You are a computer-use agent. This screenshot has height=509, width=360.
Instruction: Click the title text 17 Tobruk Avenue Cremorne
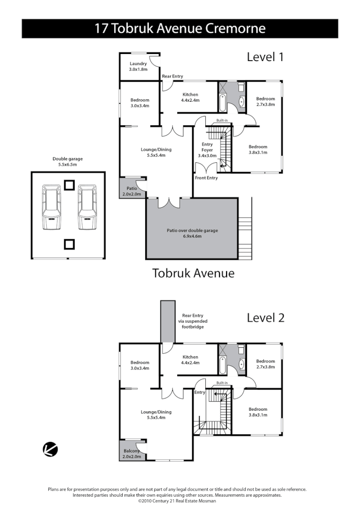pos(180,29)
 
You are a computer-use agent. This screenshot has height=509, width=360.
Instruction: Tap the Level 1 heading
pos(265,56)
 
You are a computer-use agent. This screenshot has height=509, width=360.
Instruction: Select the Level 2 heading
pos(265,318)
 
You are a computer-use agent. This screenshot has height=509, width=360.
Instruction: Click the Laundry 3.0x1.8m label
pos(138,66)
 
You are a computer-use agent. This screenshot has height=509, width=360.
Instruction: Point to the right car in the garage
pos(87,208)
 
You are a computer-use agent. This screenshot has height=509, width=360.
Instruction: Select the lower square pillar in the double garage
pos(68,245)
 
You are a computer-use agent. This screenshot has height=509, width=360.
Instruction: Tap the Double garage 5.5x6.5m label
pos(68,162)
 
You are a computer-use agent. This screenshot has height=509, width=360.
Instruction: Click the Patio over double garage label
pos(192,233)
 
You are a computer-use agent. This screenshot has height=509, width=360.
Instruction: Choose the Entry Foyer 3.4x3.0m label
pos(207,147)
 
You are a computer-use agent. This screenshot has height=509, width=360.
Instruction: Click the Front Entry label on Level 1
pos(206,178)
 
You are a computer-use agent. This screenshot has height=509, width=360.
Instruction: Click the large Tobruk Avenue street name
pos(193,273)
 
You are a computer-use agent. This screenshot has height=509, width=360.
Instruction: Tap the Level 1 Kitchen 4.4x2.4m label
pos(190,97)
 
